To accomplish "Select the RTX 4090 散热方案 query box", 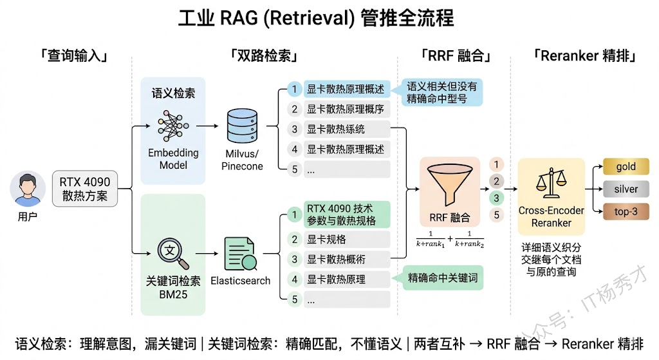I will [x=85, y=188].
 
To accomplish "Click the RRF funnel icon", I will [x=450, y=183].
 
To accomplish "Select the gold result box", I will [x=626, y=167].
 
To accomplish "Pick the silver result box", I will [x=626, y=189].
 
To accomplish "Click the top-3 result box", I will [x=626, y=211].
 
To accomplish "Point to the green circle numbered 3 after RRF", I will [x=496, y=198].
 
